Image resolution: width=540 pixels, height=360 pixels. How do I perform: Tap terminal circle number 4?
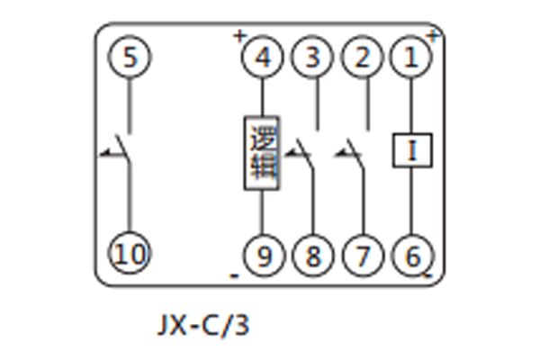pyautogui.click(x=263, y=59)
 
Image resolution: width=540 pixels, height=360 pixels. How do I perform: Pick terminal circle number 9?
pyautogui.click(x=263, y=256)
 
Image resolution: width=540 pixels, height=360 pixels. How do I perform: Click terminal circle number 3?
pyautogui.click(x=313, y=59)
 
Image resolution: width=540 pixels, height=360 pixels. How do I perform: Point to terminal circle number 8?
pyautogui.click(x=313, y=256)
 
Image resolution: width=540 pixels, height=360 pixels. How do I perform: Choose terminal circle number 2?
pyautogui.click(x=363, y=59)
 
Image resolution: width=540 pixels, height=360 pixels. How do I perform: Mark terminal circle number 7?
pyautogui.click(x=363, y=256)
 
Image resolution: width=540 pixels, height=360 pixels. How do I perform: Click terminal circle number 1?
pyautogui.click(x=412, y=59)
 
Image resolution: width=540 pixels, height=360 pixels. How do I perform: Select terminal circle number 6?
pyautogui.click(x=412, y=256)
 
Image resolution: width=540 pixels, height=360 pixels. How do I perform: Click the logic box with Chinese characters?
pyautogui.click(x=263, y=152)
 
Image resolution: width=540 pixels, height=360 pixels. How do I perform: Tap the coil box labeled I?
pyautogui.click(x=412, y=150)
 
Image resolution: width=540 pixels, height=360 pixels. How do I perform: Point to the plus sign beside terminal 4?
pyautogui.click(x=239, y=37)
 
